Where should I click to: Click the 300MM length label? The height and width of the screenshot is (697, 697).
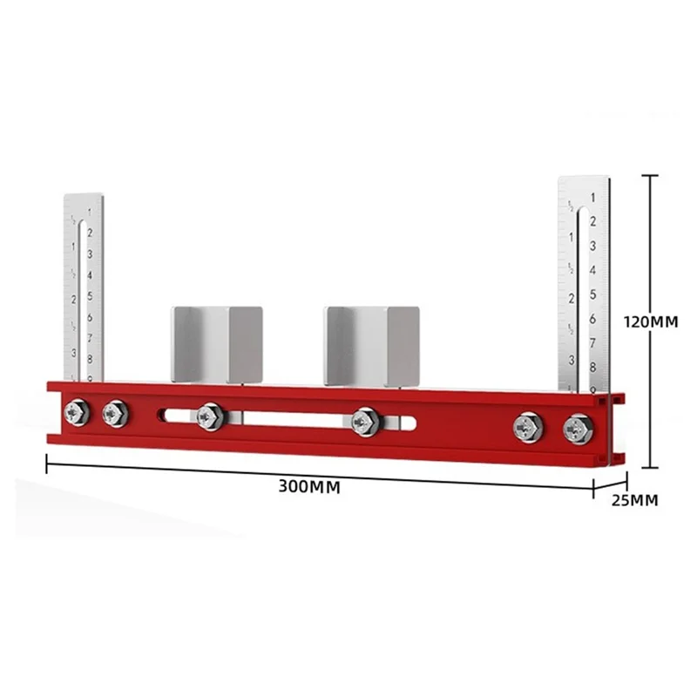309,486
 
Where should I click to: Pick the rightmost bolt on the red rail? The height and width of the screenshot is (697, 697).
576,430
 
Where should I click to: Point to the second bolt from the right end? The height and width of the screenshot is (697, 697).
530,427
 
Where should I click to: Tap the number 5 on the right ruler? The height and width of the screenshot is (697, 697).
592,294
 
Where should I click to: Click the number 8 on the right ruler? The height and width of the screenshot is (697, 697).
592,367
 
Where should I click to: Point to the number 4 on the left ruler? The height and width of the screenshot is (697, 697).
90,274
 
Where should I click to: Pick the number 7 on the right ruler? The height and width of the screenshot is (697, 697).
592,343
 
